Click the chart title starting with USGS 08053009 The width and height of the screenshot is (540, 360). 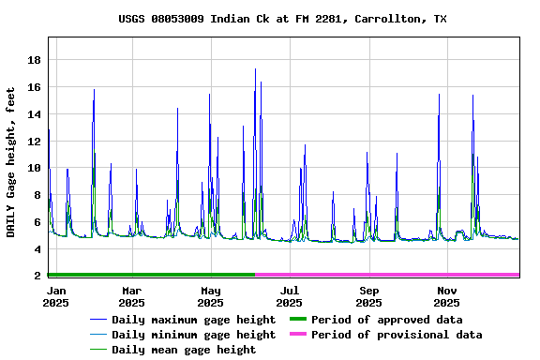tap(282, 19)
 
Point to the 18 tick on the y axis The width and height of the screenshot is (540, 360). tap(34, 60)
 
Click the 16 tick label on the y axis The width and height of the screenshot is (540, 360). tap(34, 87)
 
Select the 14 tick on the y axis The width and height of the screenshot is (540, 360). tap(34, 114)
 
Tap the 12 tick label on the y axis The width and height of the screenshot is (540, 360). tap(34, 142)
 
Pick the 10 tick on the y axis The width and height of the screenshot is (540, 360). tap(34, 169)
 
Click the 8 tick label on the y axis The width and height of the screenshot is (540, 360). tap(37, 195)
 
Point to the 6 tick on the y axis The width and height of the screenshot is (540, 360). tap(37, 222)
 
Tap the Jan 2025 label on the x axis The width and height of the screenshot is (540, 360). tap(56, 296)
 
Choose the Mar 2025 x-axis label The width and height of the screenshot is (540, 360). tap(132, 296)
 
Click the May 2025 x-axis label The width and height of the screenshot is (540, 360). tap(210, 296)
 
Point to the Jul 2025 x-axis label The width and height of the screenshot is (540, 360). tap(290, 296)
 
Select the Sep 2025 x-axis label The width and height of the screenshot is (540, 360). tap(368, 296)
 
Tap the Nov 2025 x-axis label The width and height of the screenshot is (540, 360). tap(447, 296)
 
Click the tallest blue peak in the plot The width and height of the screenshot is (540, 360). tap(255, 68)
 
